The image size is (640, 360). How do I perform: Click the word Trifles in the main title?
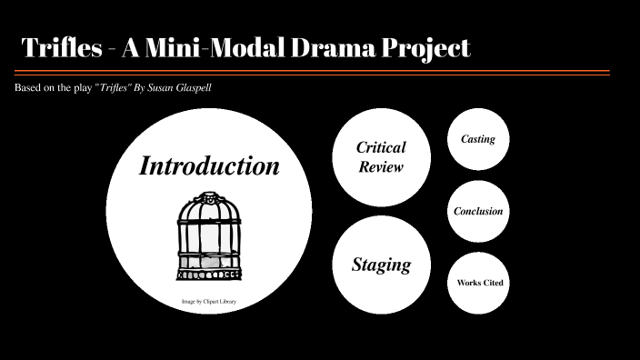point(59,47)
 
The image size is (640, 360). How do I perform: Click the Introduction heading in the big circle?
point(209,166)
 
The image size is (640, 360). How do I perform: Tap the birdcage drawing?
point(208,236)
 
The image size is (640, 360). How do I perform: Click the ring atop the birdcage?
point(209,195)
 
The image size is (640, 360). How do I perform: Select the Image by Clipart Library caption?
point(208,300)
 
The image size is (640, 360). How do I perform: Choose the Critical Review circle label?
point(381,156)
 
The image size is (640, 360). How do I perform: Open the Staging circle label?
point(381,265)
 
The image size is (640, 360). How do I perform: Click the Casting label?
point(478,139)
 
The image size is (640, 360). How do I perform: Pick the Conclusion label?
point(478,211)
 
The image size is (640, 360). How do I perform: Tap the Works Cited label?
point(479,283)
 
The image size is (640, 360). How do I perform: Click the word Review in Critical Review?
point(381,166)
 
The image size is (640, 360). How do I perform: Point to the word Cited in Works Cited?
point(492,283)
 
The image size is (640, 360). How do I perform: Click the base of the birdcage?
point(208,273)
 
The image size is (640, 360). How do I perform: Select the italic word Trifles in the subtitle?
point(109,87)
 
